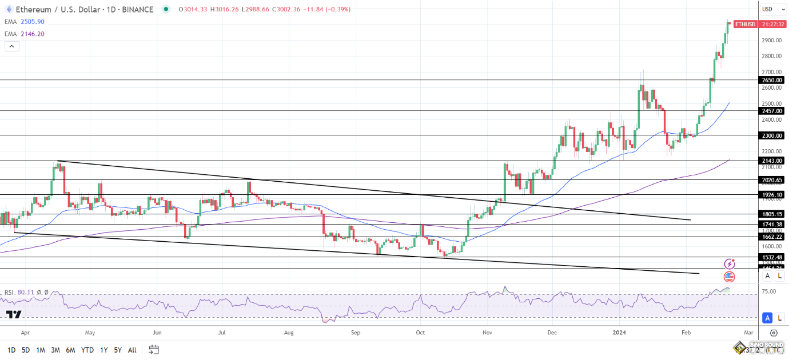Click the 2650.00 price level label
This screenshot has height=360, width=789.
(772, 81)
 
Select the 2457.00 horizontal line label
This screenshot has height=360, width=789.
(772, 111)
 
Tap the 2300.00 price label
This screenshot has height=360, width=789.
(772, 136)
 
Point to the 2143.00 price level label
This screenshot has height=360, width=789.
(772, 161)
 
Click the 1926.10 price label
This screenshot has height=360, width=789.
(772, 195)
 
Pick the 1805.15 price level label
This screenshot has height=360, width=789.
(772, 214)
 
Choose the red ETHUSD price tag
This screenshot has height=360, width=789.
(745, 25)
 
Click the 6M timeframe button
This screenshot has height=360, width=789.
(70, 350)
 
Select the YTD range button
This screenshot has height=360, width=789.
(87, 350)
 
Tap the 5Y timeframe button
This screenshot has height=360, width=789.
(117, 350)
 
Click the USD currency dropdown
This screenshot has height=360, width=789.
(770, 9)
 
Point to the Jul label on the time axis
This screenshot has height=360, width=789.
(222, 332)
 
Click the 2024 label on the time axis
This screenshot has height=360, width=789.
(620, 332)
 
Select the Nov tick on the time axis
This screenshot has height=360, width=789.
(487, 332)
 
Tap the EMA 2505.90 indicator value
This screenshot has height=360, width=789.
(32, 22)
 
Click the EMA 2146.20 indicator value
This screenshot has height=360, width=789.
(32, 34)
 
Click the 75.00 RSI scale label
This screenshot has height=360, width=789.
(770, 291)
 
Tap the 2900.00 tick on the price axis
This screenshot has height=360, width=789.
(771, 41)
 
